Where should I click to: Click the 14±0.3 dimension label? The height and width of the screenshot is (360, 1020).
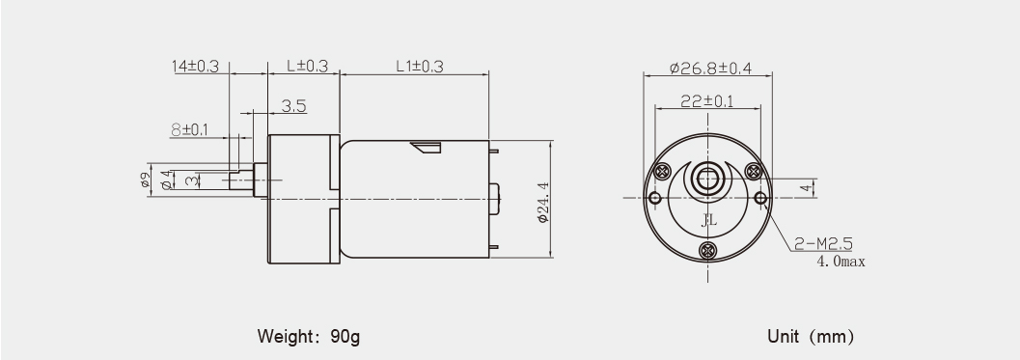[196, 66]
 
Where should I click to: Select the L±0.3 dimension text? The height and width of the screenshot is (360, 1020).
[307, 66]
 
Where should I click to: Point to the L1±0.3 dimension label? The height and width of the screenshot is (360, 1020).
[420, 66]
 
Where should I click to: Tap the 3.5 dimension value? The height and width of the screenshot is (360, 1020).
[294, 105]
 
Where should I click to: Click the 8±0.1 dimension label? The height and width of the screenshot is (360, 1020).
[189, 129]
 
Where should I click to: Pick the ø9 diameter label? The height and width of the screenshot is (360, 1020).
[146, 180]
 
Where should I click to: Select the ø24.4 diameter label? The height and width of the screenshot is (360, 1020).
[543, 203]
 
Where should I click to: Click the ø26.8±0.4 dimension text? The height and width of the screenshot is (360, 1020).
[710, 68]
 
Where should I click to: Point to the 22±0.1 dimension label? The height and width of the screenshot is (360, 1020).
[707, 101]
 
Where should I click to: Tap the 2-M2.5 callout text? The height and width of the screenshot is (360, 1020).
[823, 244]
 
